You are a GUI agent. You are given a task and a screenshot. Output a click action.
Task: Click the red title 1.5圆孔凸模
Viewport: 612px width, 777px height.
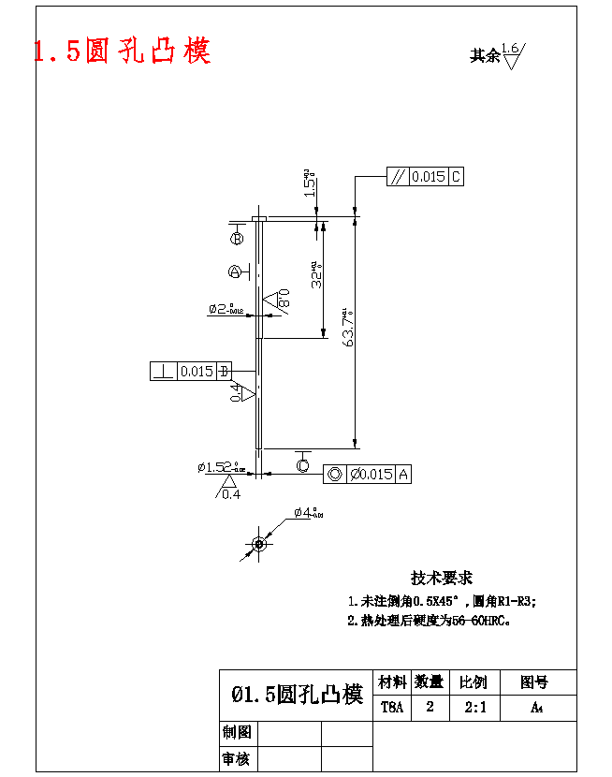coord(123,51)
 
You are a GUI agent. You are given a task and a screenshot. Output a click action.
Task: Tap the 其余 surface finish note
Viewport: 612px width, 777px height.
coord(485,55)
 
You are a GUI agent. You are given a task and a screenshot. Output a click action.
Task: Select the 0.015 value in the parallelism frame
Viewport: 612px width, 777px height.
coord(429,177)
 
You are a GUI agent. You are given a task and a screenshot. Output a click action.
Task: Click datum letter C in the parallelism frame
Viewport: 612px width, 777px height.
coord(456,177)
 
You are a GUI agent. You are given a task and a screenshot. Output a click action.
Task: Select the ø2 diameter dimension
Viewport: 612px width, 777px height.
coord(226,308)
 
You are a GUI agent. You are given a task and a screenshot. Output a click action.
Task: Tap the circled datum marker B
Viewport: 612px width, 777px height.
coord(237,239)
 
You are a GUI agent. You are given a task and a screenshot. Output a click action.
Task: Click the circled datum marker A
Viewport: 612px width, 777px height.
coord(234,272)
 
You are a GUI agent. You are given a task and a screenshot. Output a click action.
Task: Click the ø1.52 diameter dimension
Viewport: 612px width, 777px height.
coord(220,466)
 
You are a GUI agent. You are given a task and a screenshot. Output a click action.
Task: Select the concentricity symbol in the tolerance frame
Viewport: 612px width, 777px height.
coord(334,475)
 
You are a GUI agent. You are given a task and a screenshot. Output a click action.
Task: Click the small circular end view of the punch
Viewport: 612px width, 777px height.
coord(259,543)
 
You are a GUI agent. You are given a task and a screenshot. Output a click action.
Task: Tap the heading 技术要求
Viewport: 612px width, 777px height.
coord(442,579)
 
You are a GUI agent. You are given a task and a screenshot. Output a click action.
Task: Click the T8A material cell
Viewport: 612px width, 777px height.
coord(391,707)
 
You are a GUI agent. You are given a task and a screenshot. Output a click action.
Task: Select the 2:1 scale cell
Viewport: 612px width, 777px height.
coord(475,707)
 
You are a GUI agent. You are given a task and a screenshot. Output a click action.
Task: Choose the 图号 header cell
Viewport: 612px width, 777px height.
coord(534,682)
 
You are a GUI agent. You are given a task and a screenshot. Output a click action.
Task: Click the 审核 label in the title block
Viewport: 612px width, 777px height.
coord(236,758)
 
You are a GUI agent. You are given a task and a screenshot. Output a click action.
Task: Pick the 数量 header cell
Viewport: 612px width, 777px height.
coord(430,682)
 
